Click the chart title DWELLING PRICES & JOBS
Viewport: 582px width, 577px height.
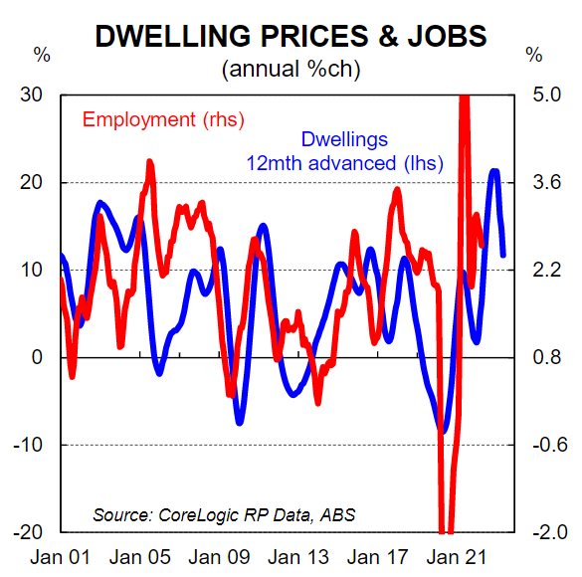point(291,36)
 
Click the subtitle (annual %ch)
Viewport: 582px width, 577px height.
point(291,70)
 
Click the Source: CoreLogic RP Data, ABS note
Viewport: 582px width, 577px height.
point(224,515)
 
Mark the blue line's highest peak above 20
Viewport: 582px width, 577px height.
point(494,172)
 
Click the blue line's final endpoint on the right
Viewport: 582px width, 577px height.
point(503,255)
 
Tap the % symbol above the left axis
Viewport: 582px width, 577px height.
point(42,54)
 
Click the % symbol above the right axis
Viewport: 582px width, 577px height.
point(534,54)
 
